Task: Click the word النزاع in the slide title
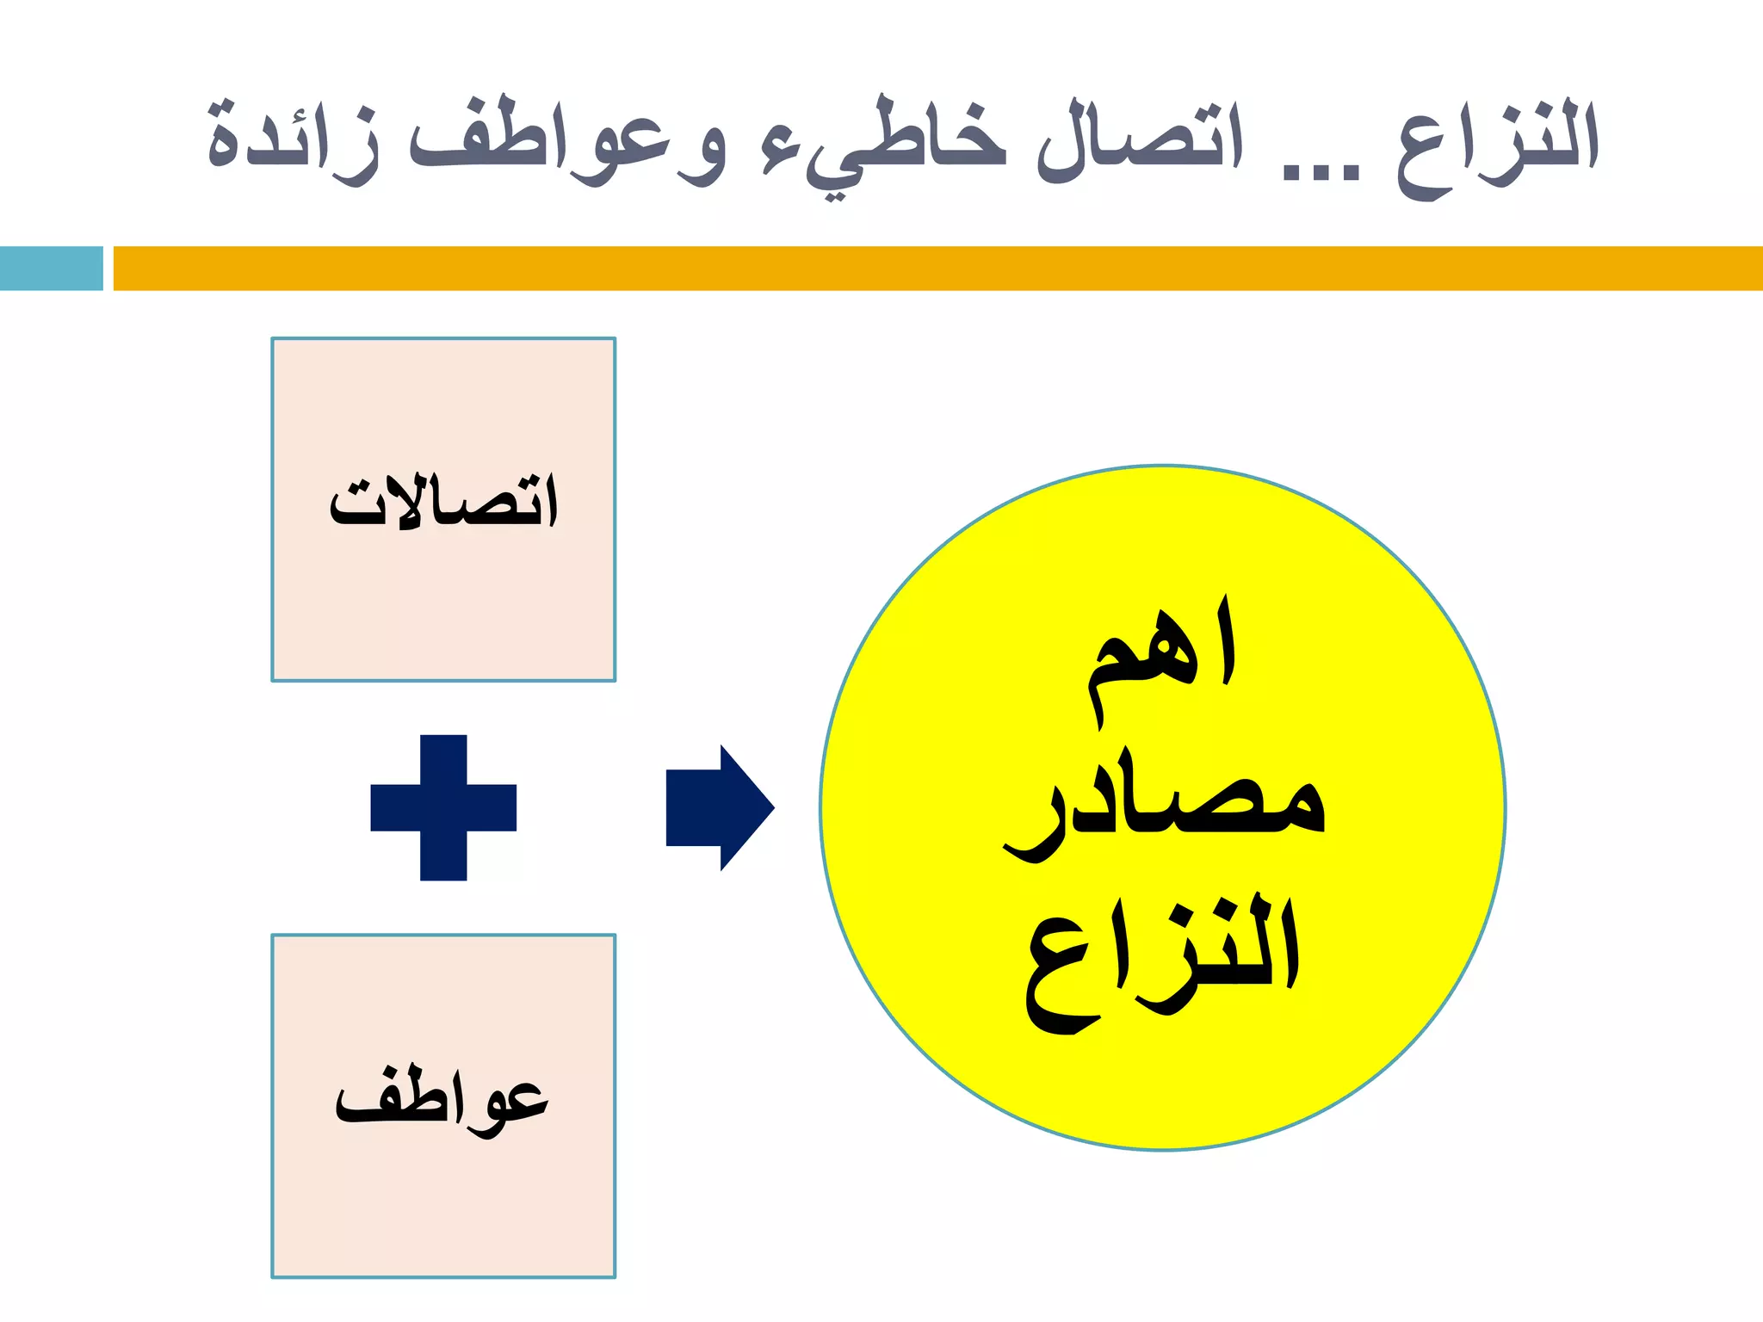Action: tap(1498, 146)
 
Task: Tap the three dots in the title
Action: tap(1321, 172)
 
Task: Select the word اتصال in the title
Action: tap(1141, 142)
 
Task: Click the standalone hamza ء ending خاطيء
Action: tap(779, 155)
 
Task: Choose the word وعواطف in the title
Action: tap(568, 142)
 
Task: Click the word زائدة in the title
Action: tap(293, 142)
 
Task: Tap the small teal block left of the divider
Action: tap(51, 268)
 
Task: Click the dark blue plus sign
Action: tap(443, 807)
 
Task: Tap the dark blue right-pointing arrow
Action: tap(714, 807)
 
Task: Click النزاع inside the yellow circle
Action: tap(1162, 960)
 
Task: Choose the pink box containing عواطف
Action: tap(443, 1205)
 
